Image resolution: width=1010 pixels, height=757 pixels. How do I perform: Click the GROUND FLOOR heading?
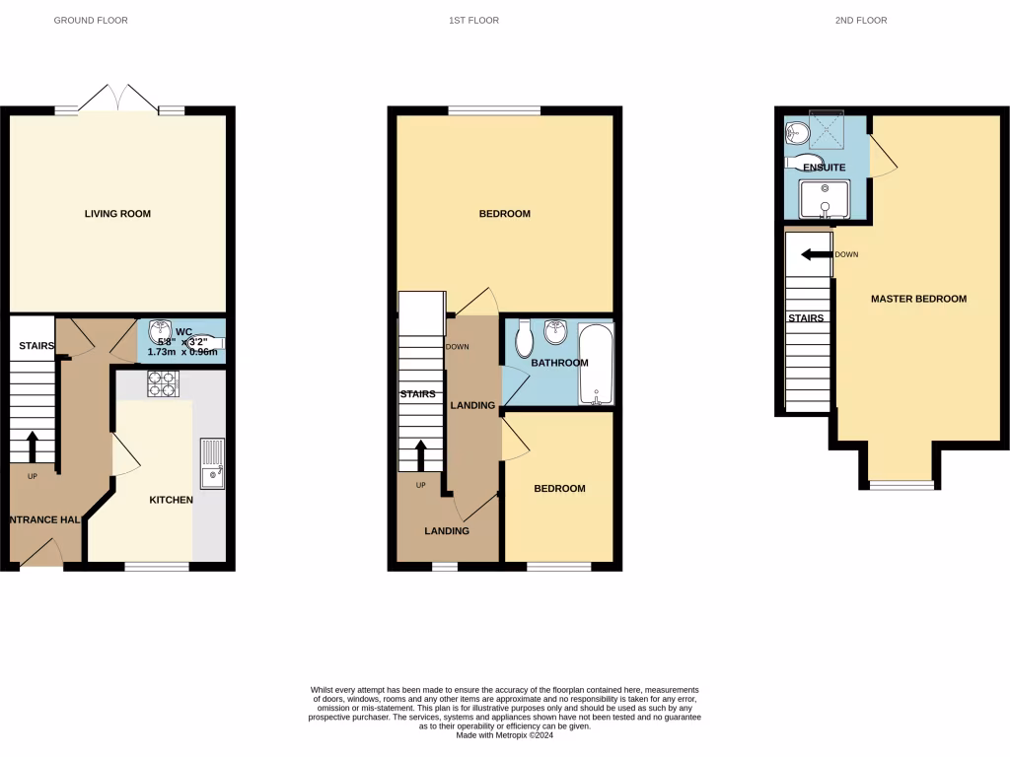click(x=90, y=20)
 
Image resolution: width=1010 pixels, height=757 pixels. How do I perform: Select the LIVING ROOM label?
click(x=117, y=213)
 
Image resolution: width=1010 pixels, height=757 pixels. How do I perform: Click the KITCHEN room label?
click(x=171, y=500)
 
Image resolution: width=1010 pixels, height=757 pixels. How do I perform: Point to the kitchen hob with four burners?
click(x=163, y=383)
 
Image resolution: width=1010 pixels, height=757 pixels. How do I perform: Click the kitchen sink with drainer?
click(x=212, y=463)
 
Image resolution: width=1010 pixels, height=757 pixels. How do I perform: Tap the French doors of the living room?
click(x=118, y=101)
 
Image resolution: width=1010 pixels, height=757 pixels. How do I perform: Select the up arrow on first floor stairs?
click(x=420, y=456)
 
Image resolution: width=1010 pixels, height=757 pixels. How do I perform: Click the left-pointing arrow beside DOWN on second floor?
click(x=815, y=254)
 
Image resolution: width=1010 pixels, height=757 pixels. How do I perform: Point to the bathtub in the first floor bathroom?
click(x=596, y=365)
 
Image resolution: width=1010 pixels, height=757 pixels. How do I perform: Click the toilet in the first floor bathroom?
click(x=525, y=338)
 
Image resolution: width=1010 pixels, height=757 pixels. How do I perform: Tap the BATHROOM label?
click(x=559, y=363)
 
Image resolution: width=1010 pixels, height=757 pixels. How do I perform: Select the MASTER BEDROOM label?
click(x=918, y=299)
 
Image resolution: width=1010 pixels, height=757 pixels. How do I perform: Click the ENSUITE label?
click(x=824, y=168)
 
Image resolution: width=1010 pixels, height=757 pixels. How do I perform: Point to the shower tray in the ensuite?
click(x=823, y=128)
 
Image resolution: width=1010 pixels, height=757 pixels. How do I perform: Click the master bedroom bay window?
click(x=901, y=484)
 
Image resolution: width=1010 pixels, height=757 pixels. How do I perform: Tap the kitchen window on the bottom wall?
click(x=156, y=566)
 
